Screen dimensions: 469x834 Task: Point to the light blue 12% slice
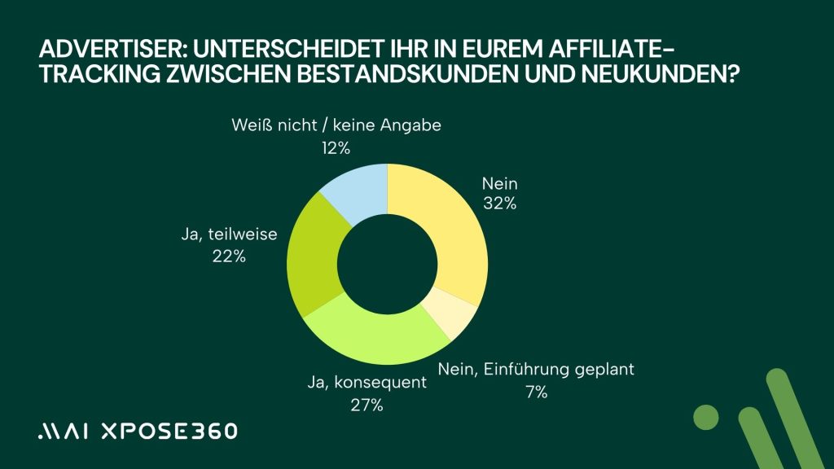[356, 192]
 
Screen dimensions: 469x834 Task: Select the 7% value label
[535, 392]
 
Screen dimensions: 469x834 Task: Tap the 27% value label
[368, 405]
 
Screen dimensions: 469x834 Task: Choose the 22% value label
[229, 256]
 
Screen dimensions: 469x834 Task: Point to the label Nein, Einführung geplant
[535, 370]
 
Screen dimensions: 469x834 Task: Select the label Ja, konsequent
[368, 383]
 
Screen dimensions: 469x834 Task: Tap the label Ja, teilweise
[229, 234]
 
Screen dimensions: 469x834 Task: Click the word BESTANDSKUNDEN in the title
[397, 75]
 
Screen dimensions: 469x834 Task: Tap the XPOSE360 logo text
[163, 432]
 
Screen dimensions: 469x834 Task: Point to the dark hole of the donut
[388, 264]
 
